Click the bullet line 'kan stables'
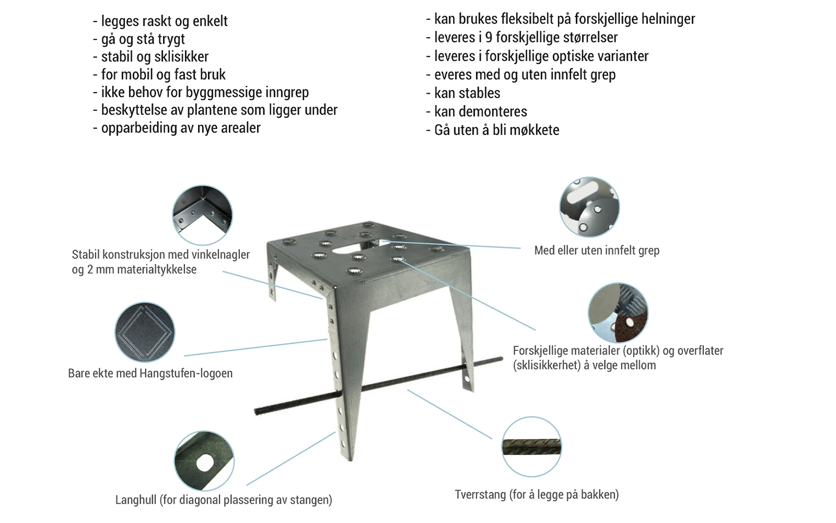(467, 93)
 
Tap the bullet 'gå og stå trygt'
(143, 39)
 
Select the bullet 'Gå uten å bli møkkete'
(496, 130)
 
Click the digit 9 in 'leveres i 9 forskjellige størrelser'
(489, 38)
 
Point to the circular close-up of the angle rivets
(202, 215)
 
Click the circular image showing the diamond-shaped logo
(145, 332)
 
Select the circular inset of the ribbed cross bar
(531, 447)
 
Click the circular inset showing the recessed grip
(589, 207)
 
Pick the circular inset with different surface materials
(618, 313)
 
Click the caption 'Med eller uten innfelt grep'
(597, 251)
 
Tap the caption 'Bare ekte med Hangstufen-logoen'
(150, 373)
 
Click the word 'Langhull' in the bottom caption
(136, 500)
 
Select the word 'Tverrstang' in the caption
(480, 495)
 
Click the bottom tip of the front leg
(350, 458)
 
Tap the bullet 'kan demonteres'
(480, 112)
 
